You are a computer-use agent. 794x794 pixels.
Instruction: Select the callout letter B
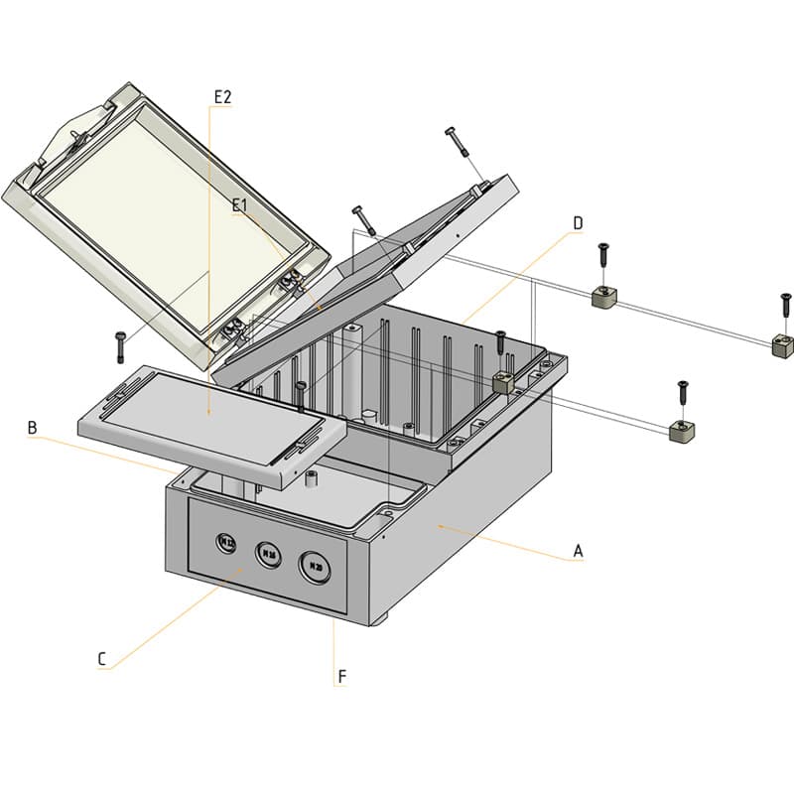click(x=33, y=428)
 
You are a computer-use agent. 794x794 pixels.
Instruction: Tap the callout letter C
click(x=101, y=659)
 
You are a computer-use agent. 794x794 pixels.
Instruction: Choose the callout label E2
click(x=222, y=96)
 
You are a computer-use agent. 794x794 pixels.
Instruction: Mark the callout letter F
click(x=342, y=677)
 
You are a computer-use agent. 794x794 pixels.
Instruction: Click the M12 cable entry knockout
click(x=226, y=542)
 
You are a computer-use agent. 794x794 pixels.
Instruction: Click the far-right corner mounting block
click(x=782, y=346)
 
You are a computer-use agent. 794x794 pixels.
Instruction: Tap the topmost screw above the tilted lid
click(x=458, y=141)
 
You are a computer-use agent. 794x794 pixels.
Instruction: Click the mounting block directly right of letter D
click(x=603, y=297)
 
